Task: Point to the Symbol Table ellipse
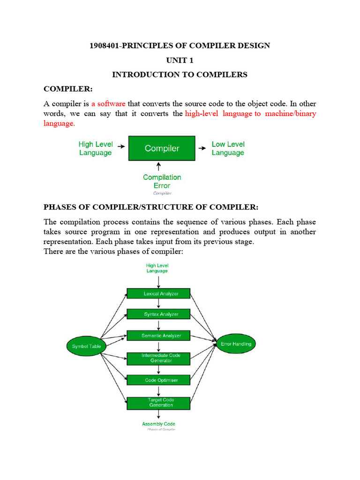pyautogui.click(x=86, y=346)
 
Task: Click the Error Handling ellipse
pyautogui.click(x=236, y=344)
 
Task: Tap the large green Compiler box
pyautogui.click(x=162, y=148)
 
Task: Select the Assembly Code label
pyautogui.click(x=158, y=424)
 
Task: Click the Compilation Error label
pyautogui.click(x=162, y=181)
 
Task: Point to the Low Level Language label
pyautogui.click(x=228, y=148)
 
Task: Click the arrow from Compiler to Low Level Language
pyautogui.click(x=202, y=148)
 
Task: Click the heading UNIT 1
pyautogui.click(x=180, y=60)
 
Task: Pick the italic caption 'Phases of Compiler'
pyautogui.click(x=161, y=429)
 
